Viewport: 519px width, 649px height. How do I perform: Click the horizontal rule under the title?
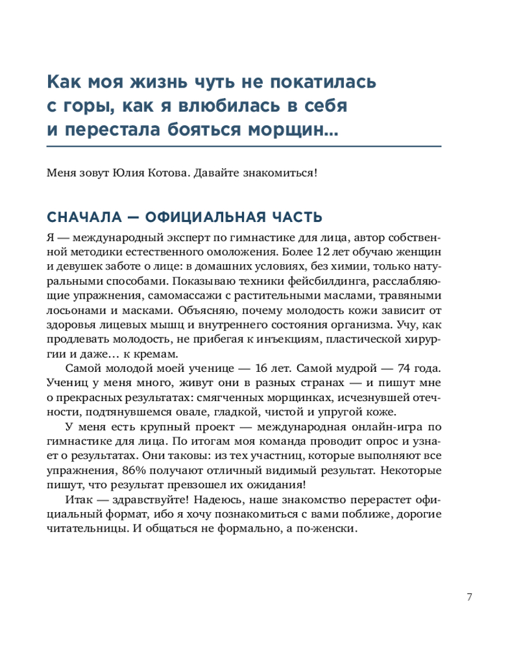[245, 146]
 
